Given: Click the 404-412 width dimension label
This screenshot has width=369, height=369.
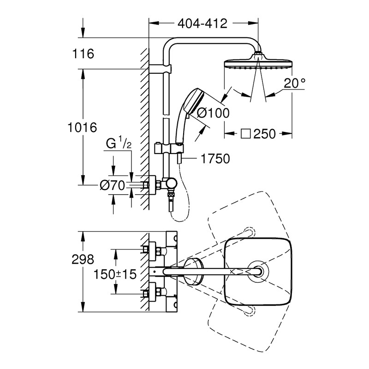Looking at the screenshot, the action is tap(202, 24).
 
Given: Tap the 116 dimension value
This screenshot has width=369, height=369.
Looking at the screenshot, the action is tap(83, 54).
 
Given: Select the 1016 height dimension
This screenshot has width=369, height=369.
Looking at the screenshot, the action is tap(82, 128).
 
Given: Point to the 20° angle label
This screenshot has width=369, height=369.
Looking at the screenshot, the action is tap(294, 83).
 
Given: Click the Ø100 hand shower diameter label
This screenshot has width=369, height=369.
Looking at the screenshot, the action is tap(213, 113).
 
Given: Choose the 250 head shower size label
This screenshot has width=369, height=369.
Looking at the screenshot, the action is tap(264, 134).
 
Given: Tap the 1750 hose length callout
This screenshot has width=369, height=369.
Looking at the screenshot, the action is tap(215, 159).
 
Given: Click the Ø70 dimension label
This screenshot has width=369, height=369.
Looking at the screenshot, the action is tap(112, 185).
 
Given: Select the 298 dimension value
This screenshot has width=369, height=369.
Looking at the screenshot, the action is tap(83, 260).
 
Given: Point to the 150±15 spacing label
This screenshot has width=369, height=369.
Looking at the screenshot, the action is tap(115, 274).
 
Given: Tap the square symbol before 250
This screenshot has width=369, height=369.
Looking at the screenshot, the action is tap(246, 134).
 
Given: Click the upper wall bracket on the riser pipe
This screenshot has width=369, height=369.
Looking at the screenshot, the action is tap(161, 69).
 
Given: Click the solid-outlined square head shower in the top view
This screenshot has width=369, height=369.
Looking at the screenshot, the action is tap(258, 272).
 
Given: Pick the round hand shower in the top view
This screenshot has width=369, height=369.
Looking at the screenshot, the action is tap(192, 271).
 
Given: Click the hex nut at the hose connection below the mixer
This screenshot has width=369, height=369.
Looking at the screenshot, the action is tap(171, 195).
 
